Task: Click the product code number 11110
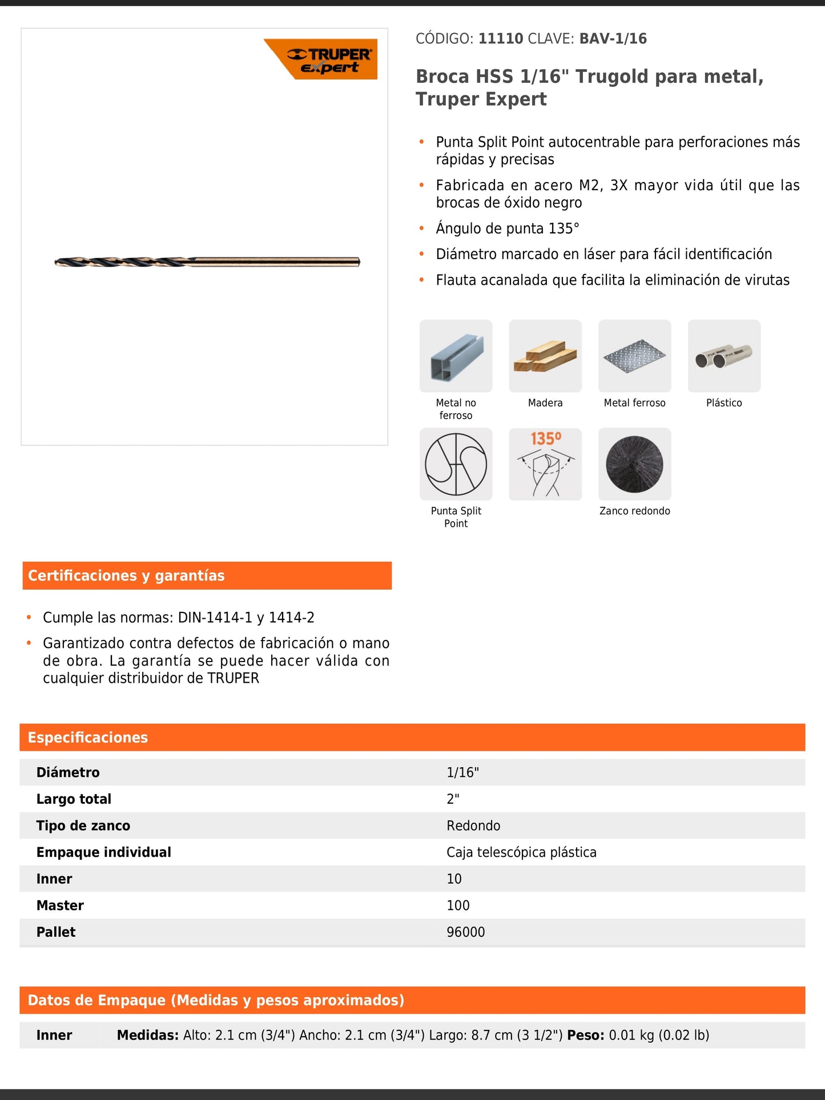point(501,39)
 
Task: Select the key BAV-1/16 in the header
point(613,39)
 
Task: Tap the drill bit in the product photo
point(207,262)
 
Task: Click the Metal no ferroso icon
point(456,356)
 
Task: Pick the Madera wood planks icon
point(545,356)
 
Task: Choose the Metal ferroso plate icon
point(634,356)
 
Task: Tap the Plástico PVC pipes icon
point(724,356)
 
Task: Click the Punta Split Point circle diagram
point(456,464)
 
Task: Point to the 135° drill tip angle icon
point(545,464)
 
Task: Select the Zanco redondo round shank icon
point(634,464)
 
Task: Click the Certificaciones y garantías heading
point(126,575)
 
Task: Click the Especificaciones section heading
point(88,738)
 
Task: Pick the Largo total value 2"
point(453,799)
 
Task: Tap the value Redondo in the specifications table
point(473,825)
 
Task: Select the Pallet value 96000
point(465,932)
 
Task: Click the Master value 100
point(458,905)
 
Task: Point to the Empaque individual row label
point(103,852)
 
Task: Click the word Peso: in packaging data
point(585,1035)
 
